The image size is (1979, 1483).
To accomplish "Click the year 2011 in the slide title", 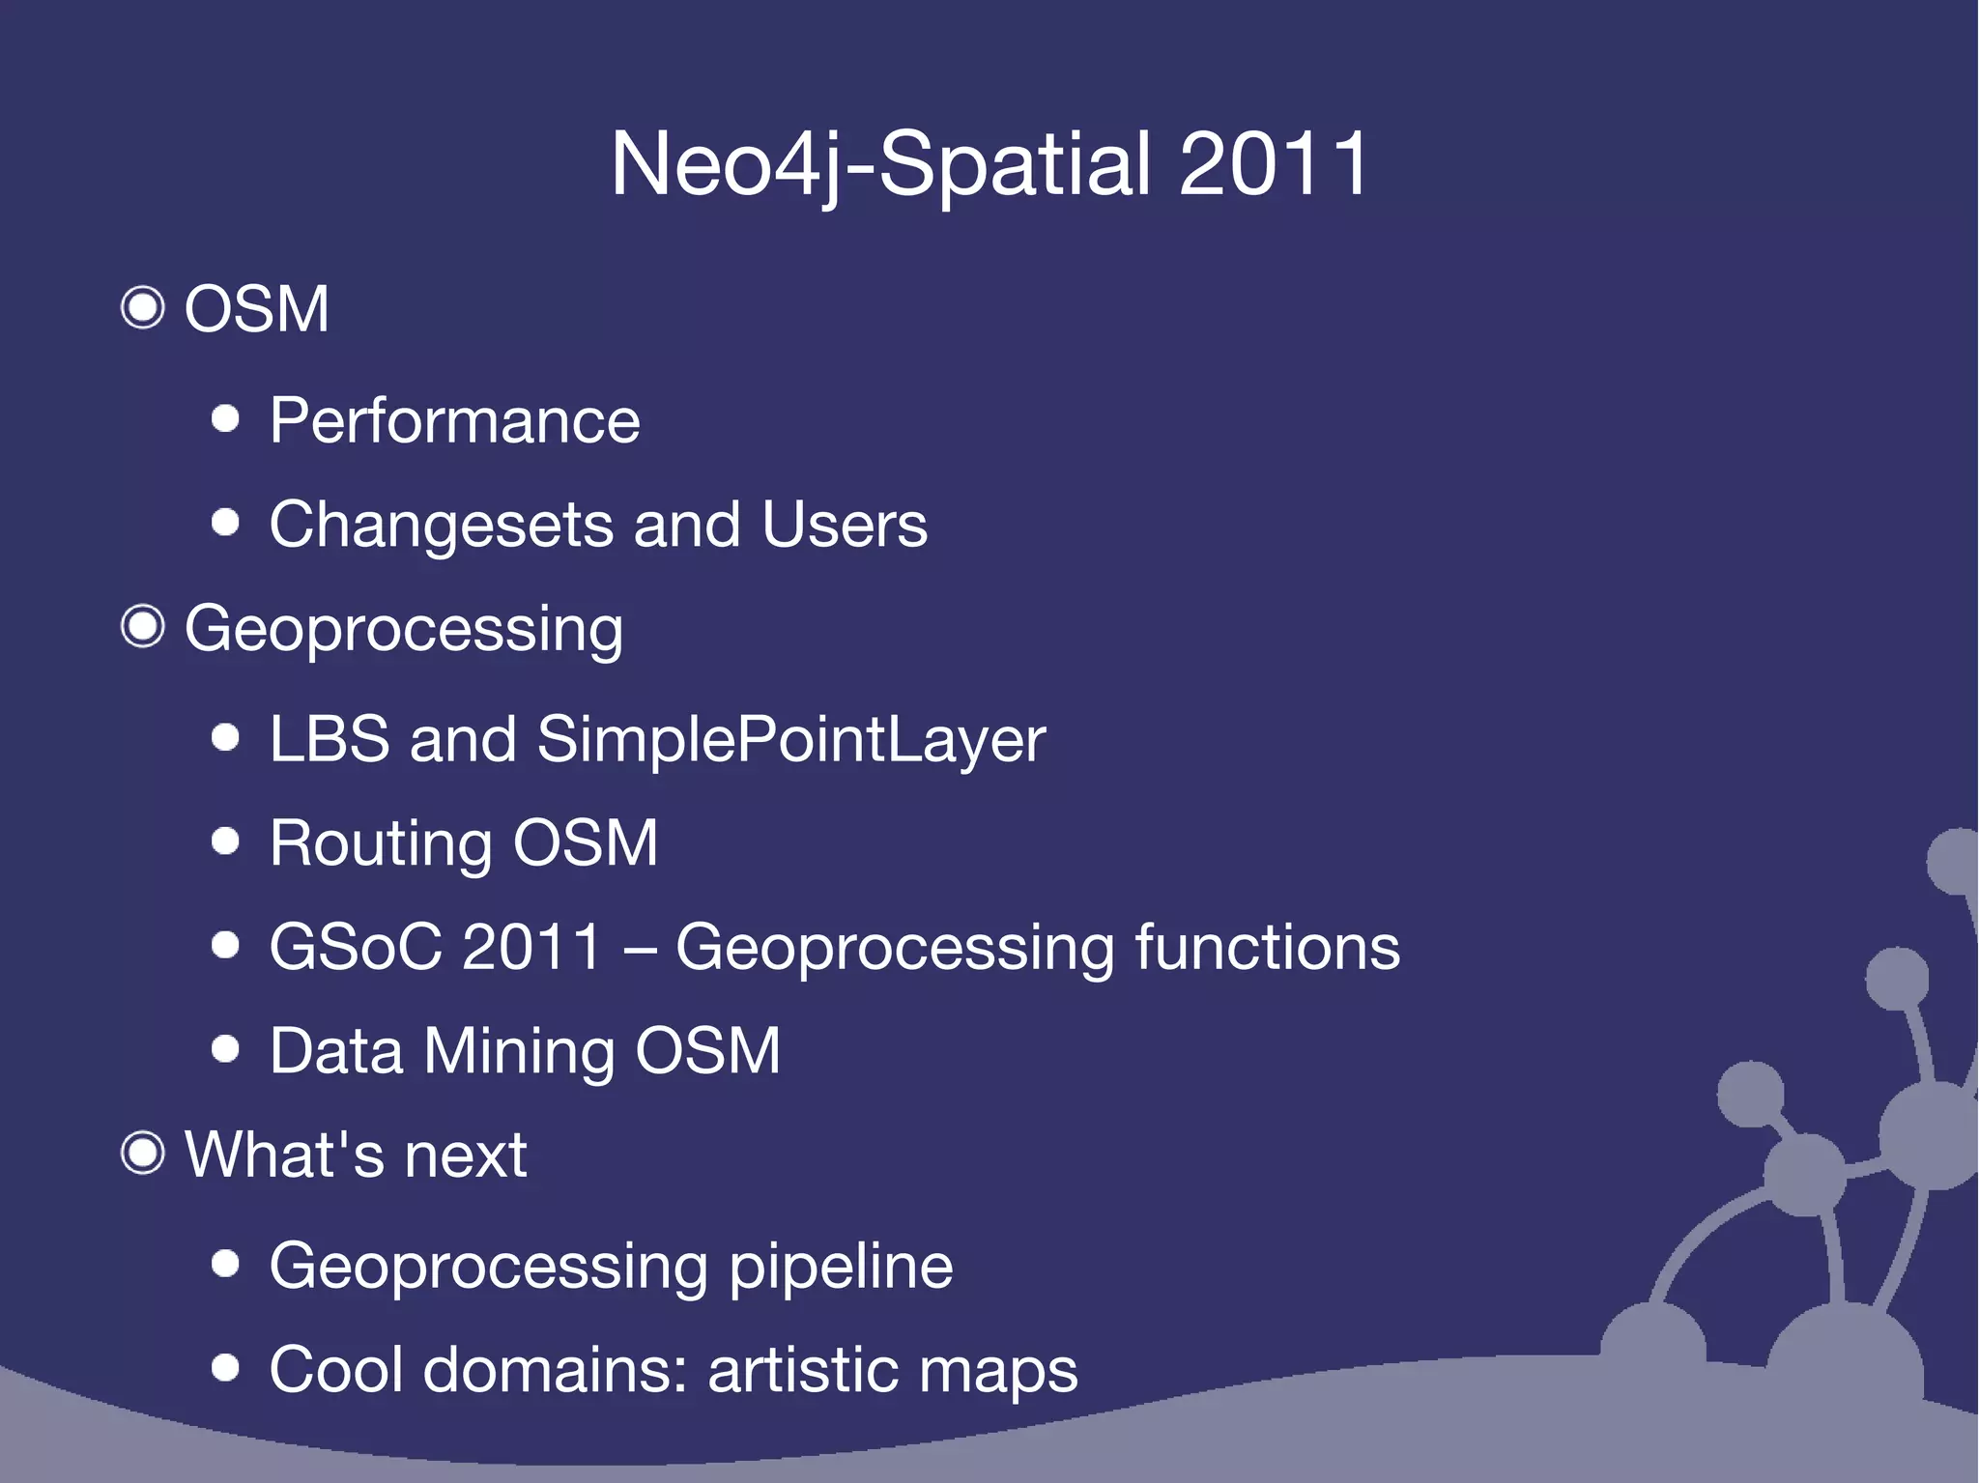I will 1273,164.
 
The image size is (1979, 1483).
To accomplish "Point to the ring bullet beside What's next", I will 143,1153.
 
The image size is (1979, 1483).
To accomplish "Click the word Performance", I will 454,421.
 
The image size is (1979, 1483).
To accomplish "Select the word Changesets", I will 441,527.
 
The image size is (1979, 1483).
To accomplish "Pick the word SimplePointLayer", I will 790,741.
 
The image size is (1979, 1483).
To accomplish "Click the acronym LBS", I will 330,739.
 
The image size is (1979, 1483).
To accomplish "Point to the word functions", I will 1267,947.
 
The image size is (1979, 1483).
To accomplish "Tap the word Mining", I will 519,1051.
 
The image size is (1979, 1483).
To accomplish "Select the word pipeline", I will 841,1268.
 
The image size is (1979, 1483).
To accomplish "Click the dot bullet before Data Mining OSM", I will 225,1048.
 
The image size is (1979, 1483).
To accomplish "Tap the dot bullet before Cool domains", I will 225,1367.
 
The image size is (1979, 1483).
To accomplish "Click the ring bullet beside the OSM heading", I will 143,308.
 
